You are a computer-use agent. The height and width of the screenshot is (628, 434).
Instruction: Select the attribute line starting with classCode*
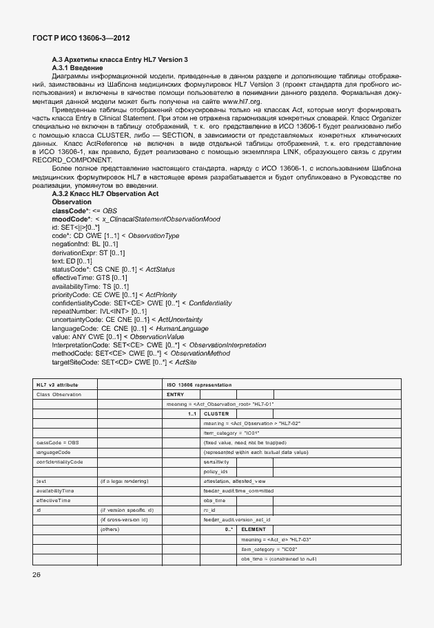pyautogui.click(x=82, y=210)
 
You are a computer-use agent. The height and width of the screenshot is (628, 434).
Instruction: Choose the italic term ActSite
pyautogui.click(x=183, y=361)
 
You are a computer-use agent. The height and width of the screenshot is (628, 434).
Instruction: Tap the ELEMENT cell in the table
pyautogui.click(x=253, y=529)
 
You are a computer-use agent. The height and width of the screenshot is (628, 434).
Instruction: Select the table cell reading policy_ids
pyautogui.click(x=216, y=471)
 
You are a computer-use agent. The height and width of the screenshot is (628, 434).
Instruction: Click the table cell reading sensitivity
pyautogui.click(x=216, y=462)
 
